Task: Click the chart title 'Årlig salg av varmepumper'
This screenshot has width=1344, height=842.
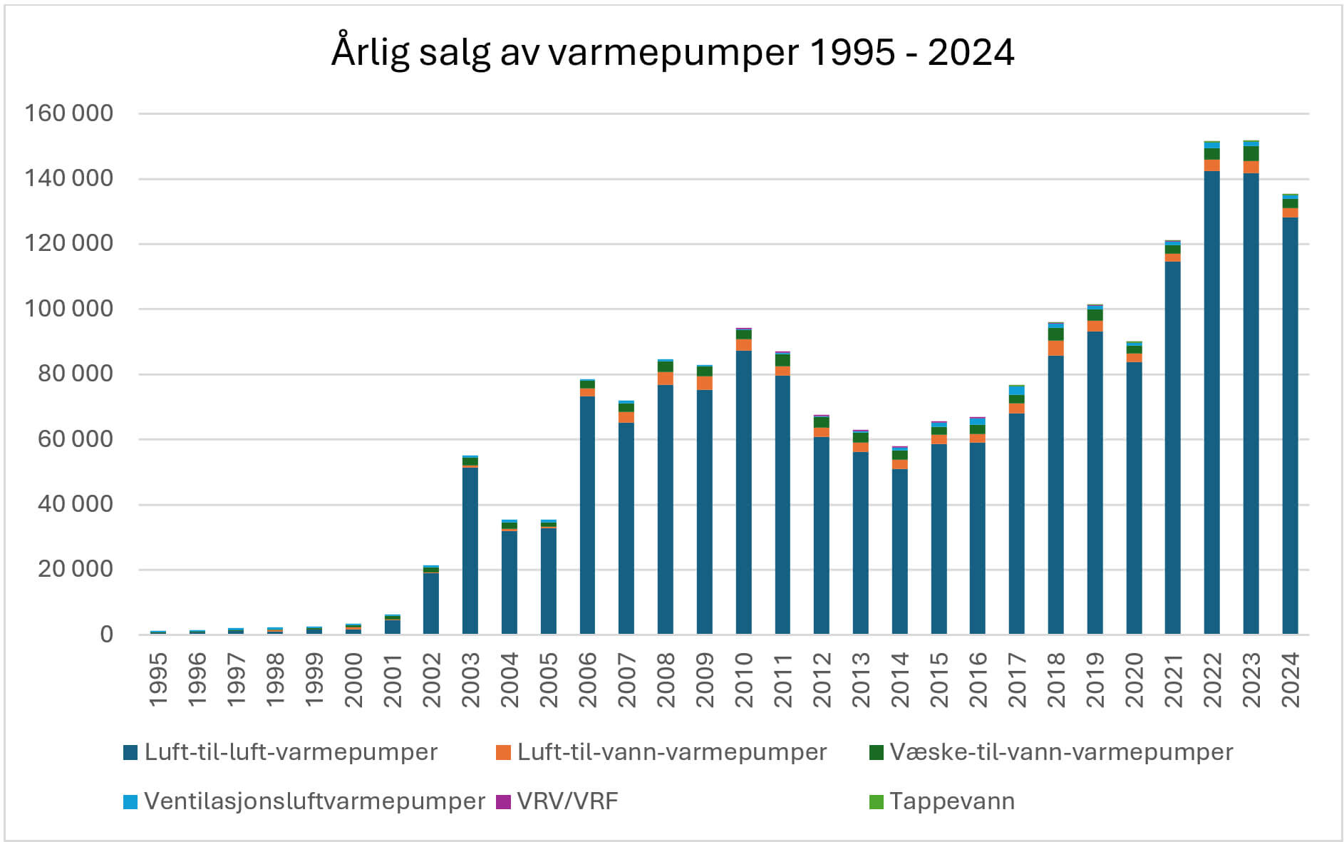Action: [672, 52]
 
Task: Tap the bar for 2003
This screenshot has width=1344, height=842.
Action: [470, 549]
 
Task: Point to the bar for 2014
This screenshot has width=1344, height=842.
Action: [899, 549]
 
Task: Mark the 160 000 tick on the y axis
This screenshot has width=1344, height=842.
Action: [68, 113]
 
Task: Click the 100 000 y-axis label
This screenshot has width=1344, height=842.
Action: [68, 309]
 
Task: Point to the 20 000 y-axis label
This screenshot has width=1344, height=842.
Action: [75, 569]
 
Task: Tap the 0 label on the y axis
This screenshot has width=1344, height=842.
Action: [106, 635]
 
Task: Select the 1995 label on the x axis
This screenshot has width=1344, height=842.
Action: [158, 679]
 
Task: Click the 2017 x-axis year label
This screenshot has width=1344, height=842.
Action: [1017, 679]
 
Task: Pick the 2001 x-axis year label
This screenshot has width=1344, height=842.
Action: [393, 679]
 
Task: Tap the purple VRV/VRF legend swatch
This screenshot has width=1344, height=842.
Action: [503, 801]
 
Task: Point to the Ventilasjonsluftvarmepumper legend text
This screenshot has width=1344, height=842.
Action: [314, 801]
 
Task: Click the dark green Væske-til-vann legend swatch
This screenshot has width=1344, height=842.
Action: [877, 752]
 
